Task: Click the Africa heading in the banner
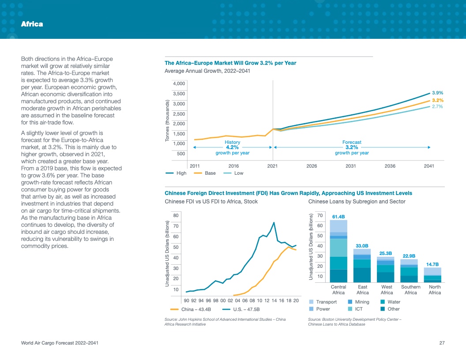tap(32, 24)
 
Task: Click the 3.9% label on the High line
tap(437, 93)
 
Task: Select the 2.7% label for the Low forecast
tap(437, 107)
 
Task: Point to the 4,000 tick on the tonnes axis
tap(179, 83)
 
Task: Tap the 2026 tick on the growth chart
tap(312, 166)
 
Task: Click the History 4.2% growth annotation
tap(233, 147)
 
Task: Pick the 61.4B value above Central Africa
tap(338, 217)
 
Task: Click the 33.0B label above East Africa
tap(362, 245)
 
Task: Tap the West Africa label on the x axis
tap(387, 290)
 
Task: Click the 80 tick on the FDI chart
tap(176, 215)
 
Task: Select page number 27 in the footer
tap(442, 343)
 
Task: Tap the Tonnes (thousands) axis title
tap(167, 120)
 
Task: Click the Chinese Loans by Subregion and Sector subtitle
tap(357, 202)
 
